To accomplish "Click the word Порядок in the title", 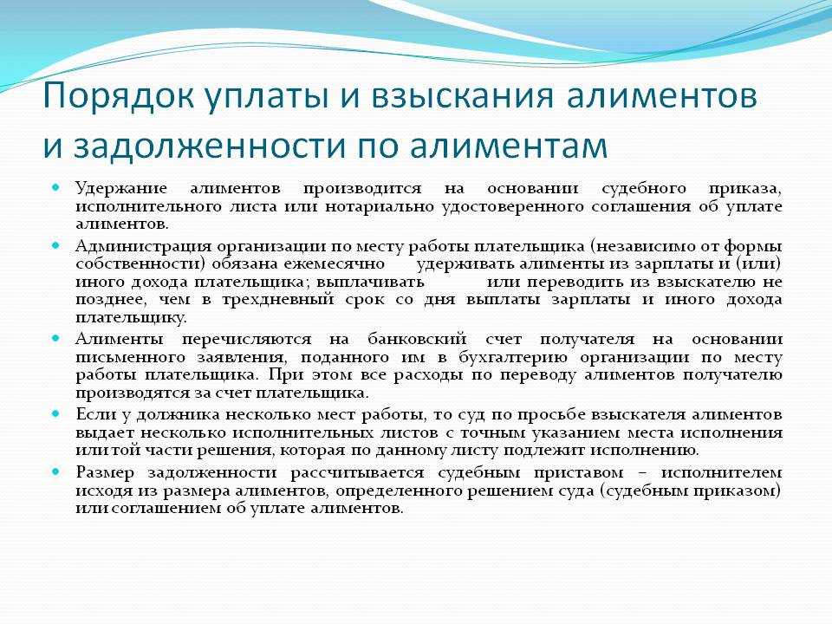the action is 119,96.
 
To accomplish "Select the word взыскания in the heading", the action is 462,96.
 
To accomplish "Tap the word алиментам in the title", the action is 509,145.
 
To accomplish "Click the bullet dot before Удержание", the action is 56,187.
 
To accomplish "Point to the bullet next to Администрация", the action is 56,245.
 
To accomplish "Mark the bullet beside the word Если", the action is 56,413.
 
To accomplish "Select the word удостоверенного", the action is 512,207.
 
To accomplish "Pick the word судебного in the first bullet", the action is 644,188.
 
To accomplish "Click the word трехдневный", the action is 278,300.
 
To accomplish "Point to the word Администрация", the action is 144,247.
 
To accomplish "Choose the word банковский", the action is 417,339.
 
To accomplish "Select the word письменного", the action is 131,357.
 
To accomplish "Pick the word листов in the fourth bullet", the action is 409,432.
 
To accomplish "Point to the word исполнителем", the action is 722,472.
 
